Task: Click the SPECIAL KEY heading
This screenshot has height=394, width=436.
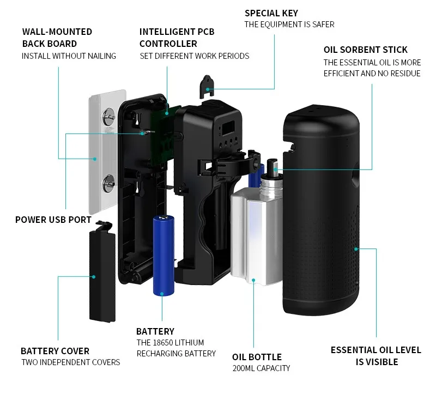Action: (x=271, y=13)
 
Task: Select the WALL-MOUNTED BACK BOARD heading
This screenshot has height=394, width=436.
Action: (x=57, y=38)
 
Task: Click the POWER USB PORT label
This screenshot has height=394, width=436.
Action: (x=53, y=220)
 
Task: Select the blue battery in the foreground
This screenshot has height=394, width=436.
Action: (x=163, y=255)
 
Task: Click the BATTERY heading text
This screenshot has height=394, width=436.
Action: (x=155, y=331)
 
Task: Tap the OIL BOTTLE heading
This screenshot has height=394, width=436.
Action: (x=257, y=357)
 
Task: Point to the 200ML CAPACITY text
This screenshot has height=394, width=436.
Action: (x=261, y=368)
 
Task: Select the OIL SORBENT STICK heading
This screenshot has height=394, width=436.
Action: (x=365, y=50)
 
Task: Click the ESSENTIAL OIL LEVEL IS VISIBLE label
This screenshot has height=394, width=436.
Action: (x=376, y=355)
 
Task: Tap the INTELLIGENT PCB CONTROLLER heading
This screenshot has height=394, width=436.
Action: (x=177, y=38)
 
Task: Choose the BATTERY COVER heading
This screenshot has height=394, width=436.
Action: (x=55, y=351)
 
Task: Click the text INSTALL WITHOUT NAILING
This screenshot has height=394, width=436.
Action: (x=69, y=56)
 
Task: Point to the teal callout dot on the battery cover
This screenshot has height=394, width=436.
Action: (x=94, y=277)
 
